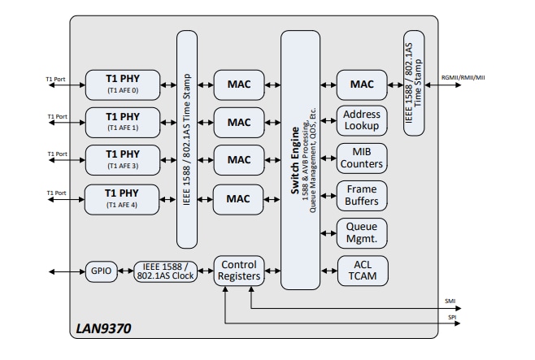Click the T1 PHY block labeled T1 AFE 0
tap(123, 83)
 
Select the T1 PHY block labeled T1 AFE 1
tap(123, 122)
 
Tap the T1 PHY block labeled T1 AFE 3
tap(123, 158)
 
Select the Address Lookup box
tap(362, 121)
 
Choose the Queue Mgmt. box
tap(362, 234)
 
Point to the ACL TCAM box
tap(362, 271)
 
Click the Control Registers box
tap(239, 271)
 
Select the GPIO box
tap(102, 271)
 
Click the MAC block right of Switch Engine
tap(362, 84)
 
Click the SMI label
tap(450, 301)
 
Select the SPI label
tap(451, 317)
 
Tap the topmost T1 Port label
tap(57, 78)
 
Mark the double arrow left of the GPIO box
tap(66, 271)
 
